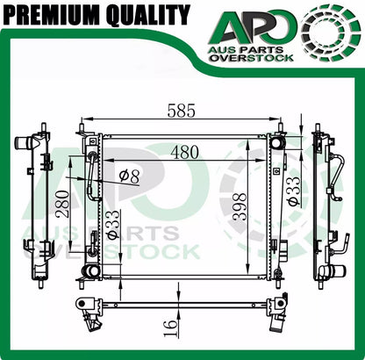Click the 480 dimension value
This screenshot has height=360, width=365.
coord(184,151)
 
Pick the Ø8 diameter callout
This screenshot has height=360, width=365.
coord(129,175)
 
